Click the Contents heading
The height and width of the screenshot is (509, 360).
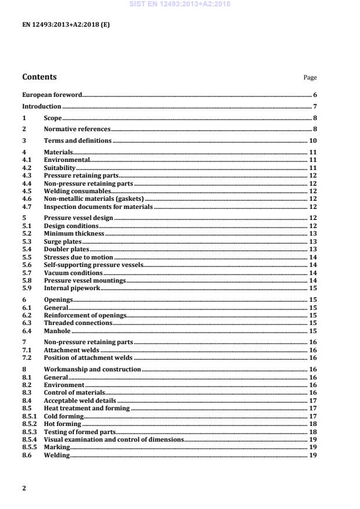(39, 77)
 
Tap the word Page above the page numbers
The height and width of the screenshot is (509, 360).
(310, 78)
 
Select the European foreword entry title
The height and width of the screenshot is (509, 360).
(52, 95)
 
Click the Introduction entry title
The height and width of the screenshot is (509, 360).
(42, 106)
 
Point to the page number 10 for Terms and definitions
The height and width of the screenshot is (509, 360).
(312, 141)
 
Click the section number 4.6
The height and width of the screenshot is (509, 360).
(27, 198)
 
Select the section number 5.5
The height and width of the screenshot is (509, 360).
(27, 257)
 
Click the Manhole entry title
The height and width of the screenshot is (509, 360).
(56, 331)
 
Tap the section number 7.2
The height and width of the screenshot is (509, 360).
(27, 358)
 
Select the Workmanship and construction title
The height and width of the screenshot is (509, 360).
(92, 369)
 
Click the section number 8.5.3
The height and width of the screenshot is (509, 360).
(28, 432)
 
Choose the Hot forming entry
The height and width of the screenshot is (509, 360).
(62, 424)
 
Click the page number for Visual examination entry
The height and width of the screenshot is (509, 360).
(312, 440)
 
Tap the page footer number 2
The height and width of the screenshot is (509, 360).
(24, 488)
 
